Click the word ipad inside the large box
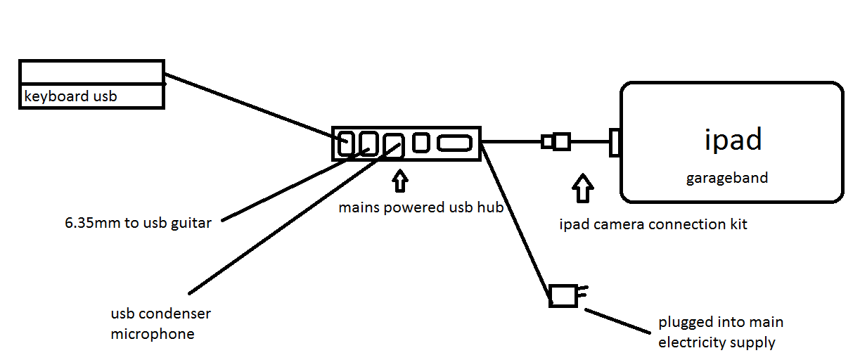point(733,140)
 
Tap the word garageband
point(727,178)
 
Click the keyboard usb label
point(70,96)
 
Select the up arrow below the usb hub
point(400,181)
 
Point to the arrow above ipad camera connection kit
point(583,188)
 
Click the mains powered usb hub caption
point(420,207)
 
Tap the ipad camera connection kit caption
point(653,225)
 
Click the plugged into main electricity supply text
point(720,333)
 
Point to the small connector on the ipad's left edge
point(614,142)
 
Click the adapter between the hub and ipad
point(557,142)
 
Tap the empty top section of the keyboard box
point(91,72)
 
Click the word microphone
point(152,334)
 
